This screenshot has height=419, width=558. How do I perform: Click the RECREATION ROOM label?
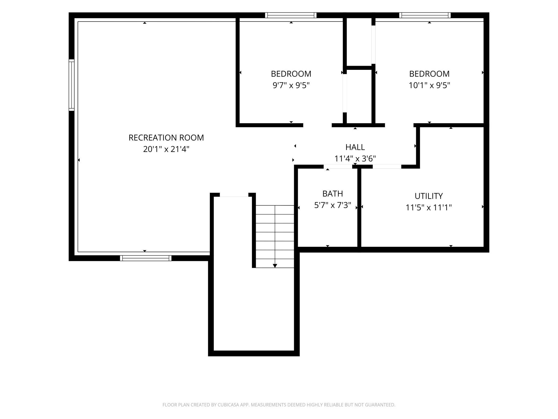coord(166,138)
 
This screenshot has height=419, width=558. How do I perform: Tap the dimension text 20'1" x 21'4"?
coord(166,149)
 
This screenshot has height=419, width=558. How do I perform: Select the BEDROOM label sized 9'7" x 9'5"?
coord(291,74)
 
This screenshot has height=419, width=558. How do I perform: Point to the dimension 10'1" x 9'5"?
coord(429,85)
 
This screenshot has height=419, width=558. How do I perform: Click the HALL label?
coord(355,147)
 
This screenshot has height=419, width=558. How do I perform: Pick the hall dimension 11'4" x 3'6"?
coord(355,159)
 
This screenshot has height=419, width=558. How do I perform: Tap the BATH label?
coord(333,194)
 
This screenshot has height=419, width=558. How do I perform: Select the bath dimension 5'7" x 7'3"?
coord(333,205)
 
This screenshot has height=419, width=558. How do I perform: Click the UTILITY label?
coord(429,196)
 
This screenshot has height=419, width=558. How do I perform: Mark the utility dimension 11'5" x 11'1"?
coord(429,208)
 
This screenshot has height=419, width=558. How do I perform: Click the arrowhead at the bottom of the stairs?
coord(275,266)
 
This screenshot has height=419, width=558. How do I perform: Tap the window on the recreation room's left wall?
coord(71,85)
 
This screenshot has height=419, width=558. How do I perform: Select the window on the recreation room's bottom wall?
coord(146,258)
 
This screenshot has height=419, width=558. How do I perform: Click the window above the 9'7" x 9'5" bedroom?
coord(291,15)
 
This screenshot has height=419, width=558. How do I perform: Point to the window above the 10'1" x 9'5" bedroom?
coord(425,15)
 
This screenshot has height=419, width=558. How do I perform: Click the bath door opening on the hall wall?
coord(338,167)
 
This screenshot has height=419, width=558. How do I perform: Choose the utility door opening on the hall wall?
coord(387,167)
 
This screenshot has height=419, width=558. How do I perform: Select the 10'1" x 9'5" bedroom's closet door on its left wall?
coord(373,45)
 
